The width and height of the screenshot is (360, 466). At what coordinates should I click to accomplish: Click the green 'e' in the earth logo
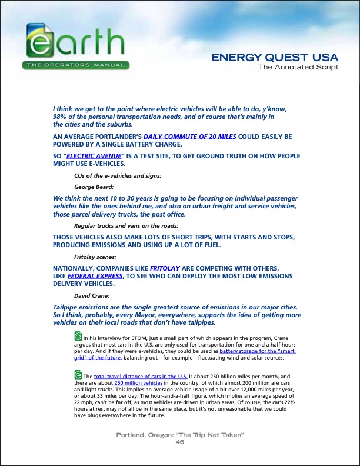[x=40, y=43]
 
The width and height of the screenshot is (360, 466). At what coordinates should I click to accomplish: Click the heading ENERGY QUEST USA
[x=275, y=58]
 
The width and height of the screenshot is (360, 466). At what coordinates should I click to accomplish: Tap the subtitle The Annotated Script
[x=299, y=67]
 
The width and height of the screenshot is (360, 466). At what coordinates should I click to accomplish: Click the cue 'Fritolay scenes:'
[x=95, y=257]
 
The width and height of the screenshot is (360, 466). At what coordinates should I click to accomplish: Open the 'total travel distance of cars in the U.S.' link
[x=141, y=376]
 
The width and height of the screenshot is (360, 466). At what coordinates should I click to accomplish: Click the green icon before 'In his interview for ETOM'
[x=78, y=337]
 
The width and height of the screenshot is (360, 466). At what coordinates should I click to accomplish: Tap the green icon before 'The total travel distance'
[x=78, y=375]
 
